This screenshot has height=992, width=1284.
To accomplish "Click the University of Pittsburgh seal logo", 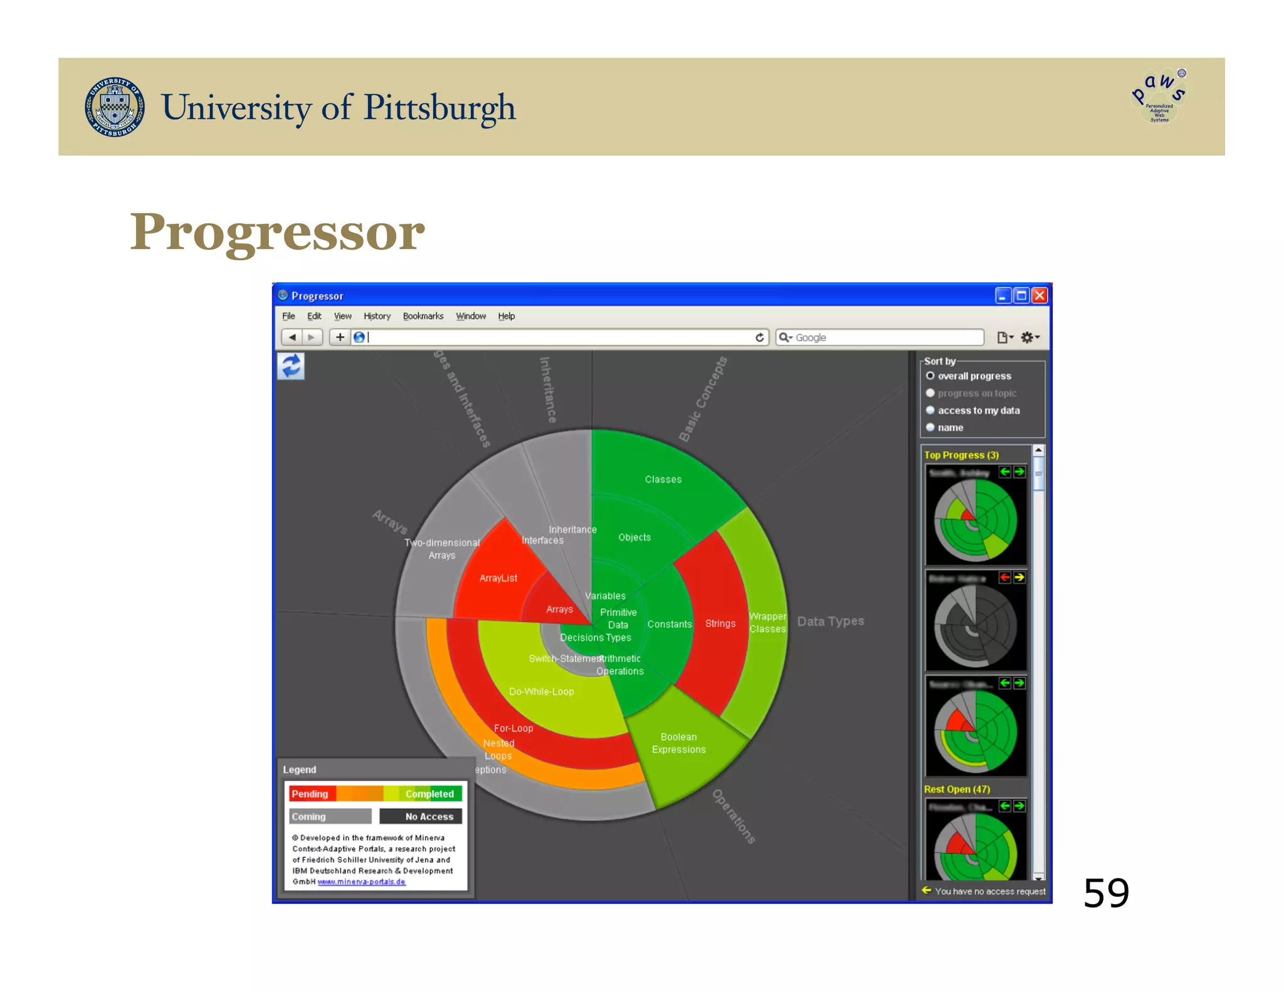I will (x=115, y=107).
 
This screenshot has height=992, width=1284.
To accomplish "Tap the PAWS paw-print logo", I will (x=1159, y=96).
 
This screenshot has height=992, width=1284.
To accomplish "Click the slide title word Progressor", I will (x=277, y=232).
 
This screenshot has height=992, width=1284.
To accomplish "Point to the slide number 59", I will (x=1106, y=893).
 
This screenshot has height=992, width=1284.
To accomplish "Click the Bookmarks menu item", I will (x=423, y=316).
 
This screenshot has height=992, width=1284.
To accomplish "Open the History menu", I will (x=377, y=316).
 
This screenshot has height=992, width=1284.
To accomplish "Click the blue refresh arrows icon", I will (x=291, y=366).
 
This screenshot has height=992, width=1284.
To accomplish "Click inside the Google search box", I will (x=884, y=337).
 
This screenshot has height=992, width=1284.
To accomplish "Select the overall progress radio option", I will (x=930, y=376).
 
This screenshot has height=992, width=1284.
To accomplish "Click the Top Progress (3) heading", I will (x=961, y=455).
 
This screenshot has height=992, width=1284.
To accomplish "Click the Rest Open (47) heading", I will (x=957, y=789).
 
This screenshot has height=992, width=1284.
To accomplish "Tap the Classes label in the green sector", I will (x=663, y=480).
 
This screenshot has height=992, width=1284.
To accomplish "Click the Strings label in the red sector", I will (x=720, y=623).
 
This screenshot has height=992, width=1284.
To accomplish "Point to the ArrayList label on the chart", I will (x=498, y=578).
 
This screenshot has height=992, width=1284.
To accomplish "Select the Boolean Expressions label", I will (x=678, y=743).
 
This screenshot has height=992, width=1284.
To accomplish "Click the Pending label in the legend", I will (x=310, y=794).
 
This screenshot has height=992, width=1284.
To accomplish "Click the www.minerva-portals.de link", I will (x=361, y=882).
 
